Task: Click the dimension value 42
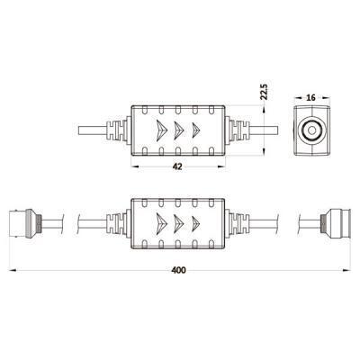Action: tap(177, 166)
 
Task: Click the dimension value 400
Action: tap(178, 270)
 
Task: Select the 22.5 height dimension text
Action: tap(264, 92)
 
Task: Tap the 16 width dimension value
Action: tap(311, 97)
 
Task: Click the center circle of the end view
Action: tap(312, 130)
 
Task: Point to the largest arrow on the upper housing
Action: tap(162, 130)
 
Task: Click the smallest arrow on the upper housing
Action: tap(196, 130)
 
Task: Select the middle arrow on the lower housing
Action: tap(179, 223)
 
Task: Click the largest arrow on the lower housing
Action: tap(162, 223)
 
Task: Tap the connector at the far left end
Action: tap(25, 223)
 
